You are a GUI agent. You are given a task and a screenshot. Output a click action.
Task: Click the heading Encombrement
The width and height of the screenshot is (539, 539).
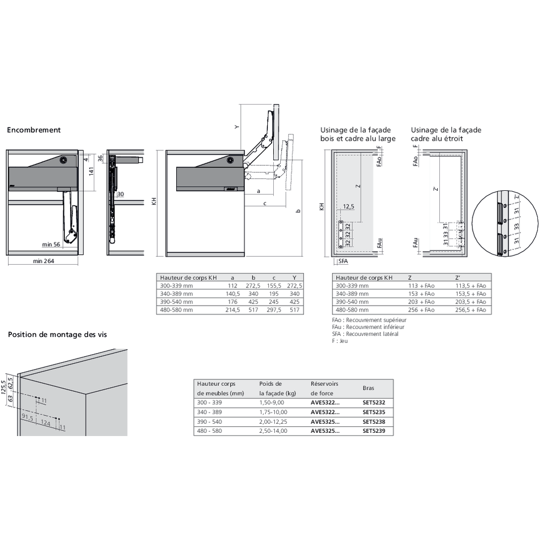point(33,130)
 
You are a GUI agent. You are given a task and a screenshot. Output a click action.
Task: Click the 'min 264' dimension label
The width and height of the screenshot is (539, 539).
point(43,261)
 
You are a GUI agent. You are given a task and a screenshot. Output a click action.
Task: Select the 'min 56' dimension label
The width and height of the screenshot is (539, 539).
point(52,244)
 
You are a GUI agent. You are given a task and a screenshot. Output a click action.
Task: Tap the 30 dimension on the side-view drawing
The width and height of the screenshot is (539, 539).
point(120,194)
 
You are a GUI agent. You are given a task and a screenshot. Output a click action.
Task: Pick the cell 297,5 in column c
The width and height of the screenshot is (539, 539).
point(274,310)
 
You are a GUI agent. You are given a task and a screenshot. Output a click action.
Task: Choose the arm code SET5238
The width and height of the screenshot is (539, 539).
point(374,421)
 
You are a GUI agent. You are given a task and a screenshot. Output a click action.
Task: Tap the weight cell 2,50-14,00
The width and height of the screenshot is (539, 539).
point(273,431)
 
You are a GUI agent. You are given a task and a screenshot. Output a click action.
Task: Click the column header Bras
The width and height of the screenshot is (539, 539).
point(368,388)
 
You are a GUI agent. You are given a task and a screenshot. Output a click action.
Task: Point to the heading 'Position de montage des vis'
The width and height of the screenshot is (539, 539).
point(57,335)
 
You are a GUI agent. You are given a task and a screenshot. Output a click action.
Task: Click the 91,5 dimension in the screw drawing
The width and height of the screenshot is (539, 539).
point(28,417)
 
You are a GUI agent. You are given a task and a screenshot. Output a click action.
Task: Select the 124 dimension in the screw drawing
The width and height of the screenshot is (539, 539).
point(46,424)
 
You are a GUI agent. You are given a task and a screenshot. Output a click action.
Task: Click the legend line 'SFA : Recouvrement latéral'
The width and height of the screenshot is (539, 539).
point(365,334)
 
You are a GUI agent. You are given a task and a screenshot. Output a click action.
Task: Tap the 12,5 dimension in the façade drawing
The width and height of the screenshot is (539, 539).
point(349,207)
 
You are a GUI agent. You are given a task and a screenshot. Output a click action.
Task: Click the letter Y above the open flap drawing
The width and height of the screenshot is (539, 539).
point(236,127)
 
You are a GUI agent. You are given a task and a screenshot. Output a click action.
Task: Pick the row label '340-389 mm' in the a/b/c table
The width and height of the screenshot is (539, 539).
point(176,294)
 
